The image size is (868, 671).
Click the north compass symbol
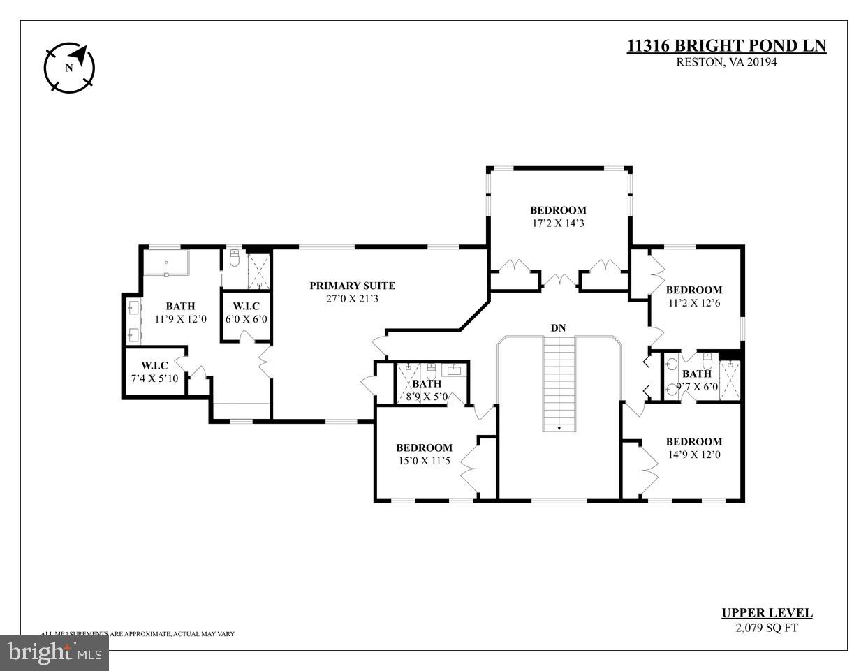pos(69,68)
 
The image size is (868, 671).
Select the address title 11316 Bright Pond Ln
pos(726,46)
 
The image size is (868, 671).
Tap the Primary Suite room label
pos(352,286)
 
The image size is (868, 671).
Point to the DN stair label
pos(558,327)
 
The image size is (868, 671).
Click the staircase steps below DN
pos(559,384)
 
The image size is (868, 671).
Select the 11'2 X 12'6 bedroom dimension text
pos(693,303)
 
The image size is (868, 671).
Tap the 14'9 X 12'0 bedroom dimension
pos(693,455)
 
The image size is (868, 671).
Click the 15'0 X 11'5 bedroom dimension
pos(424,461)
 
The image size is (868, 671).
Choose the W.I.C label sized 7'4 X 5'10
pos(154,365)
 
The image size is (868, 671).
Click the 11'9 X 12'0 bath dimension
pos(179,319)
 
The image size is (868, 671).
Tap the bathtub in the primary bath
pos(166,264)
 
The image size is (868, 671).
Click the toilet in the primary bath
pos(235,258)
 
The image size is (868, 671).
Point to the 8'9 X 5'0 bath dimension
pos(426,397)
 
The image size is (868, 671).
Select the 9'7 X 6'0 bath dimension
pos(696,387)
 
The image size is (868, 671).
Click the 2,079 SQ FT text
pos(766,627)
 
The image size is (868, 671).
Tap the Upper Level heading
pos(766,613)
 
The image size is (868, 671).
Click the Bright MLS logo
pos(54,653)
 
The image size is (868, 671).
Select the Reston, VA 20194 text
pos(726,61)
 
